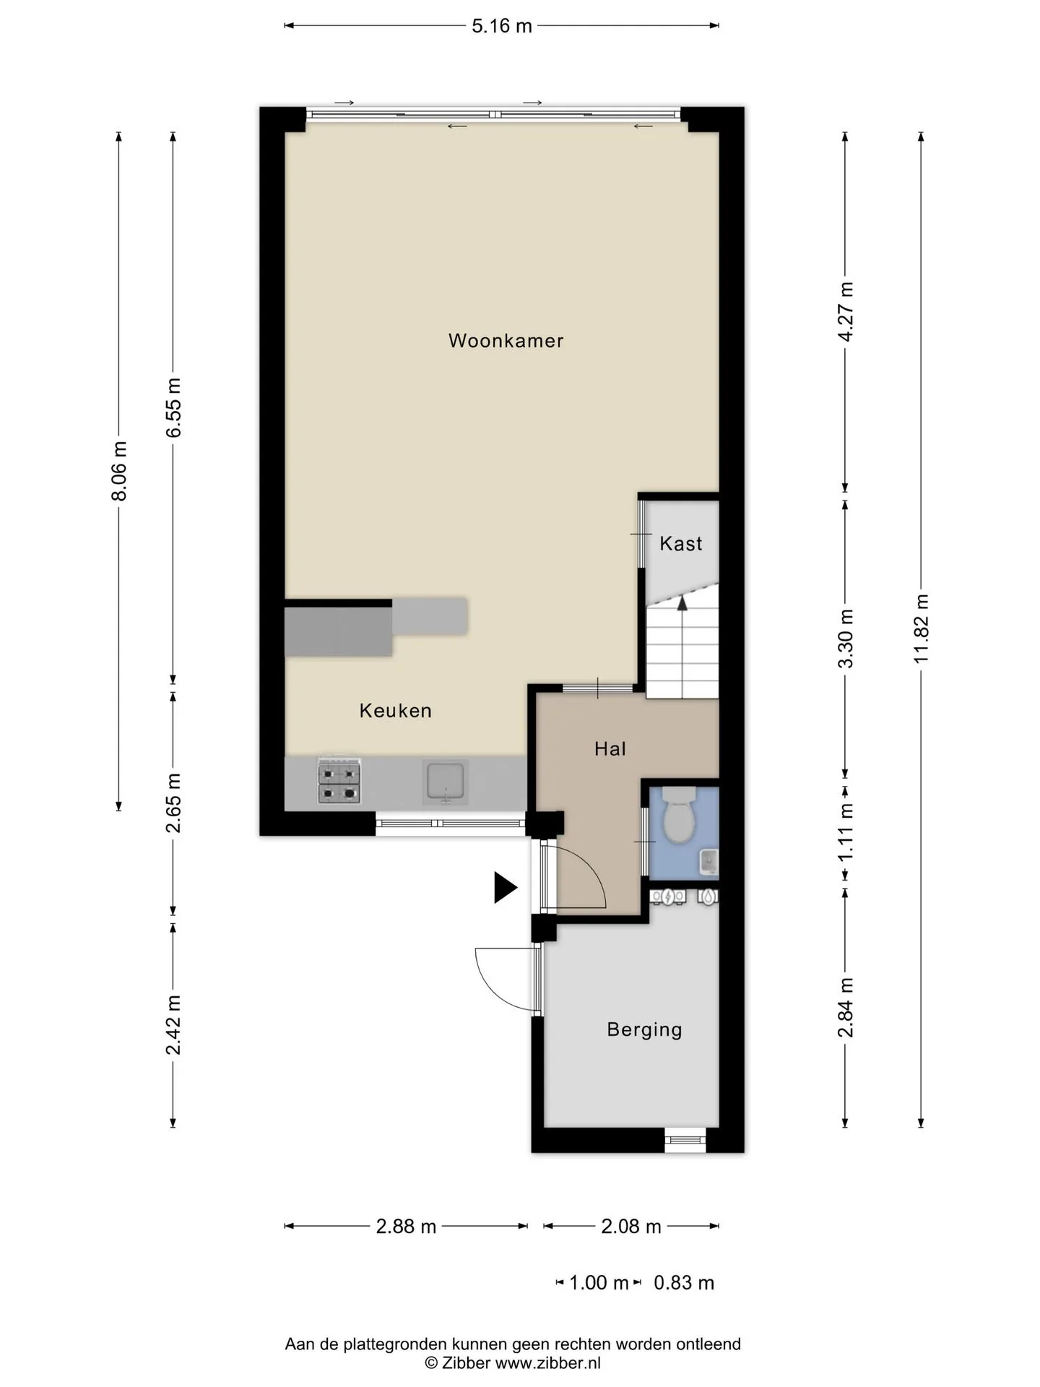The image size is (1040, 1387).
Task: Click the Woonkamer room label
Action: [x=506, y=340]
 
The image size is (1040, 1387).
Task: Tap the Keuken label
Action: [x=396, y=711]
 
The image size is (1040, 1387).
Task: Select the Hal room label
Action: [x=610, y=749]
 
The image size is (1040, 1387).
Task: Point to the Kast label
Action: [x=681, y=543]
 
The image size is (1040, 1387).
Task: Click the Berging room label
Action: [x=644, y=1029]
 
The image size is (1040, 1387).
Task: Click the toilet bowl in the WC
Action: [x=678, y=816]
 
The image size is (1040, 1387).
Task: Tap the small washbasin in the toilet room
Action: [x=708, y=861]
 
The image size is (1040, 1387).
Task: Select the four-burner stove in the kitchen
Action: [x=339, y=780]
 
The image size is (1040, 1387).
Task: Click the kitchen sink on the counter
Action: [x=446, y=782]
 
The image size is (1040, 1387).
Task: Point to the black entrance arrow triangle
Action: [x=505, y=887]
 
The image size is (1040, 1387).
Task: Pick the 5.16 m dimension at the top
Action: [x=502, y=26]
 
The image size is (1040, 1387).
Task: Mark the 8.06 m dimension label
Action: [x=119, y=470]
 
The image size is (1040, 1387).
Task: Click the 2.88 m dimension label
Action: [x=406, y=1226]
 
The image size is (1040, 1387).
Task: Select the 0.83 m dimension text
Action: [x=684, y=1283]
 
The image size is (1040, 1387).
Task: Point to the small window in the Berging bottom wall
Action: [x=685, y=1139]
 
